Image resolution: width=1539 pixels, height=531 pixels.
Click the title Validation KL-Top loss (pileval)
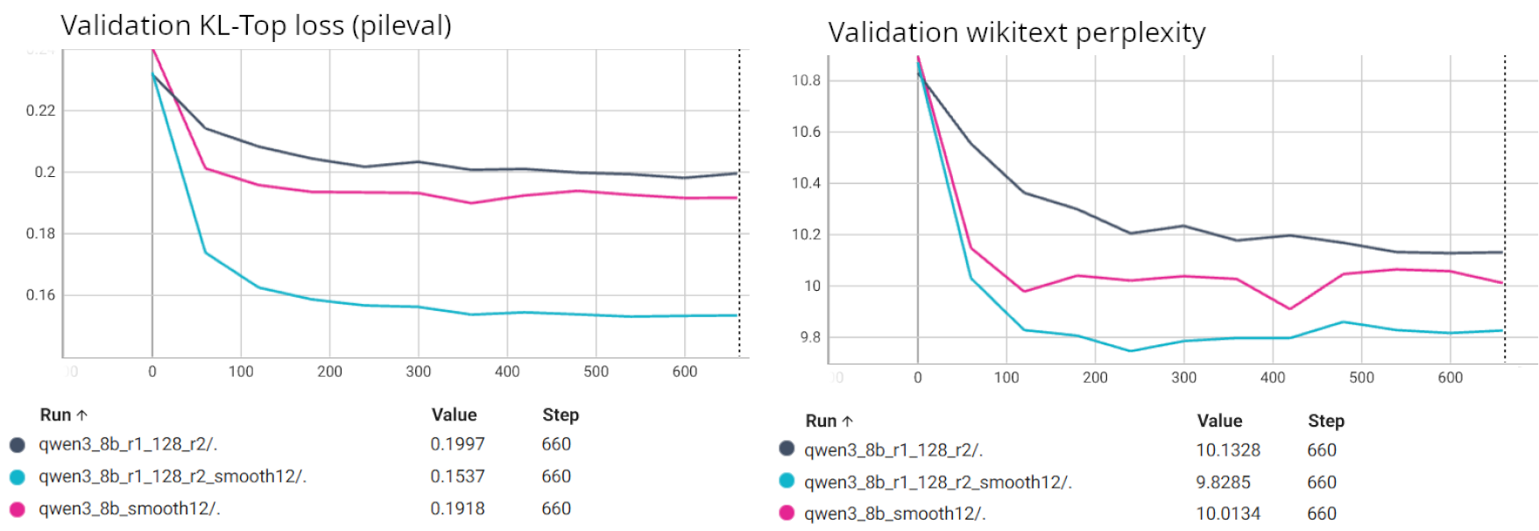click(x=256, y=25)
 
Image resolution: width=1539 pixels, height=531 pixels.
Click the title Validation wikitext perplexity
click(x=1016, y=32)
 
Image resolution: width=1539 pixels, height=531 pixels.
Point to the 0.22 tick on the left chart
click(x=40, y=110)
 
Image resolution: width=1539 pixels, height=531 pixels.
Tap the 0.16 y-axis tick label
click(x=40, y=295)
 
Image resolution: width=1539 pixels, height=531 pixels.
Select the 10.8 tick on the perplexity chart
click(x=806, y=81)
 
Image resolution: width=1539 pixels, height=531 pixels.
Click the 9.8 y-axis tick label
click(x=810, y=337)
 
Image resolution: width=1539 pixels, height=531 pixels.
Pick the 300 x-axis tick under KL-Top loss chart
click(x=418, y=372)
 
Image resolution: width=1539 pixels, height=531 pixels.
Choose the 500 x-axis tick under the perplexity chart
click(x=1361, y=378)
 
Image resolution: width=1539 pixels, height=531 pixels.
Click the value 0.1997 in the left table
click(x=457, y=444)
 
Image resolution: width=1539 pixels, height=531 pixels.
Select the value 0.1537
click(x=457, y=477)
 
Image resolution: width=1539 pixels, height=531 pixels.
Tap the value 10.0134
click(x=1228, y=513)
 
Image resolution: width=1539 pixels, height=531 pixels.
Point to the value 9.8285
click(x=1223, y=482)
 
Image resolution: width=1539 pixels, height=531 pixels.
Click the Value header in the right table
click(x=1219, y=421)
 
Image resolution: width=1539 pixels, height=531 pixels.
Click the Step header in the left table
click(x=561, y=414)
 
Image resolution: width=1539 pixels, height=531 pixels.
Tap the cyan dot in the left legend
click(x=18, y=477)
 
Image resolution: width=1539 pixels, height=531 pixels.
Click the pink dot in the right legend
click(x=787, y=513)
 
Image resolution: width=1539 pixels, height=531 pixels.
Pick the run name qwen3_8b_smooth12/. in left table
click(x=129, y=508)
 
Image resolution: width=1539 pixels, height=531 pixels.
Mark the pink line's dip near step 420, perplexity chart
click(x=1289, y=308)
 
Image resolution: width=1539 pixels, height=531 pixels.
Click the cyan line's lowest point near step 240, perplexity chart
click(x=1131, y=350)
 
